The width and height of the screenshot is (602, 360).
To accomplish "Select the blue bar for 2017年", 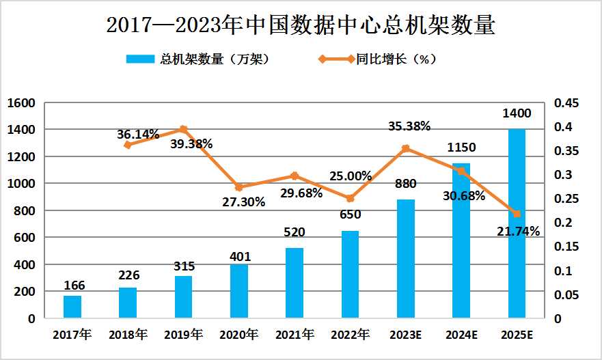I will [72, 307].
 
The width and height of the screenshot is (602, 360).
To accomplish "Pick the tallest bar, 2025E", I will [517, 225].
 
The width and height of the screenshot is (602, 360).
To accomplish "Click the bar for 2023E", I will [406, 259].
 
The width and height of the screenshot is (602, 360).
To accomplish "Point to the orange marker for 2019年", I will [183, 129].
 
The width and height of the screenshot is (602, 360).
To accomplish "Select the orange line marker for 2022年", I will [350, 198].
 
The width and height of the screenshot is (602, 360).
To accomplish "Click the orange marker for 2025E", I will [517, 214].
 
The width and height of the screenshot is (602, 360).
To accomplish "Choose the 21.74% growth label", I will [517, 231].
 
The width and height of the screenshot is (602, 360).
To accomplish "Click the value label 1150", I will [461, 147].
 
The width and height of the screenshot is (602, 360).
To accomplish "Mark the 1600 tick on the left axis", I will [21, 103].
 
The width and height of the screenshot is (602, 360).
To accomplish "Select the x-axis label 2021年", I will [295, 335].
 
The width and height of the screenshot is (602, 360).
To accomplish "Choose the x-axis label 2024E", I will [461, 335].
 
